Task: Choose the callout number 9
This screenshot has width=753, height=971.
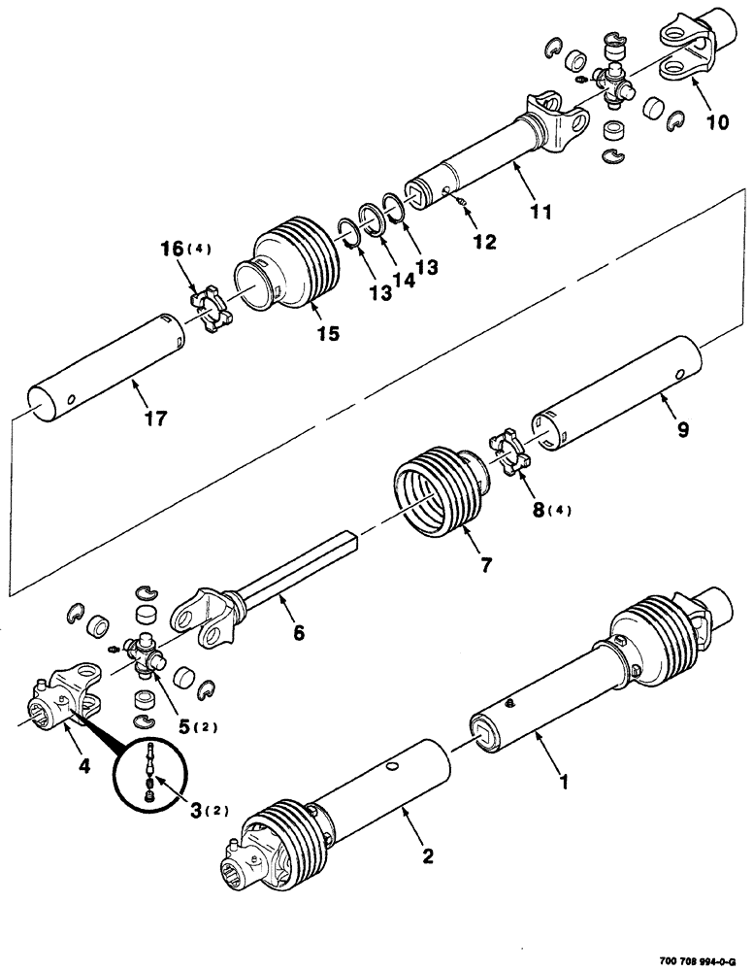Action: pos(683,430)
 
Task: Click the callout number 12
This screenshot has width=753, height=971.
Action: pos(484,242)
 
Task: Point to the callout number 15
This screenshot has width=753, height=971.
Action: pos(328,333)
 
